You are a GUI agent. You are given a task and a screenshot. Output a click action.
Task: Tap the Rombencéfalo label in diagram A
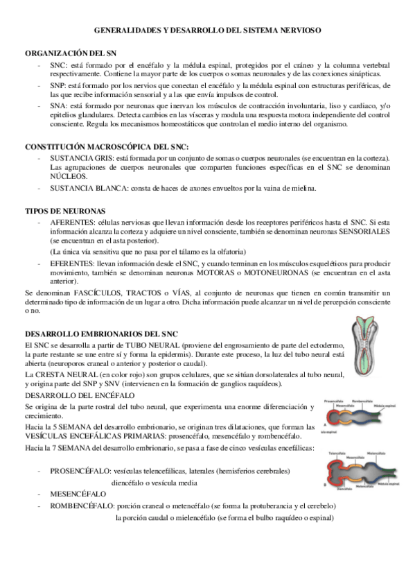click(362, 400)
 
